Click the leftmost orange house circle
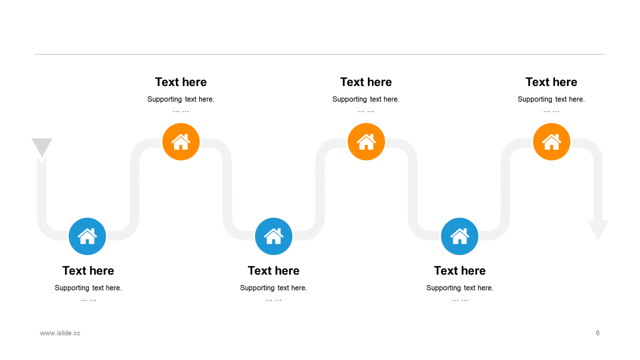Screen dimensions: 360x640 coord(181,142)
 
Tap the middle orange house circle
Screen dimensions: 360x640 coord(366,142)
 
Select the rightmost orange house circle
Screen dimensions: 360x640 coord(551,142)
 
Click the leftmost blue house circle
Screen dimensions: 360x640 coord(87,236)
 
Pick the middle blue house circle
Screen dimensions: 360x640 coord(273,236)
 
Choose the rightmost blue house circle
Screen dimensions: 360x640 coord(459,236)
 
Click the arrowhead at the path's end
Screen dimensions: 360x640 coord(597,229)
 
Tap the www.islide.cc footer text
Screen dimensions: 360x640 coord(60,333)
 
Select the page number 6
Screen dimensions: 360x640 coord(597,333)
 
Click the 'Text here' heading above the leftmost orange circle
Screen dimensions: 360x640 coord(181,82)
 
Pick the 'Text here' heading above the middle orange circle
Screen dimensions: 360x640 coord(366,82)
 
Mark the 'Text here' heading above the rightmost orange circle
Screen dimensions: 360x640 coord(551,82)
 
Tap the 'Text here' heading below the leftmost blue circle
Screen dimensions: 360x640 coord(88,270)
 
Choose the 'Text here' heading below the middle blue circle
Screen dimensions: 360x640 coord(273,270)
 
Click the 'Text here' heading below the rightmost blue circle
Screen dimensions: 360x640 coord(459,270)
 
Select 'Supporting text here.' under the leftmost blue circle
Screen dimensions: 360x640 coord(88,288)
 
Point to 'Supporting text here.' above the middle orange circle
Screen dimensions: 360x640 coord(366,99)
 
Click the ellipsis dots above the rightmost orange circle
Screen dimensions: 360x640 coord(551,111)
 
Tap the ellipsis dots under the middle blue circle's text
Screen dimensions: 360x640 coord(273,299)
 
